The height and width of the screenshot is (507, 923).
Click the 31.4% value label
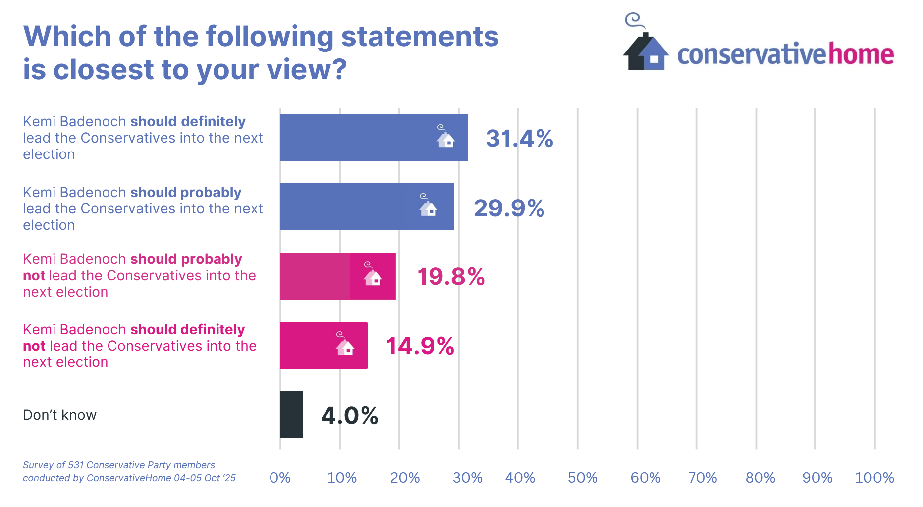[519, 138]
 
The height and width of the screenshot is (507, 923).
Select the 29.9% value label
[509, 208]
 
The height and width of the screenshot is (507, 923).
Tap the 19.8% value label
[450, 276]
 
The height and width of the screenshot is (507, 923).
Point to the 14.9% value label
[420, 346]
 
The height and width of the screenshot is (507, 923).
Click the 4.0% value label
[349, 415]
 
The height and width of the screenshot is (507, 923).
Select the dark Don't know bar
[291, 415]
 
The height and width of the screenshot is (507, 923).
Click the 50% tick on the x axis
[582, 478]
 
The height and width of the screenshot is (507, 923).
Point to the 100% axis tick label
[874, 478]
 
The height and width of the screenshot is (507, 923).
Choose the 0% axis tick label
[280, 478]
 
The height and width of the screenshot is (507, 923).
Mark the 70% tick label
[703, 478]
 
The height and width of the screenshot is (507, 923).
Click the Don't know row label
[59, 415]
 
